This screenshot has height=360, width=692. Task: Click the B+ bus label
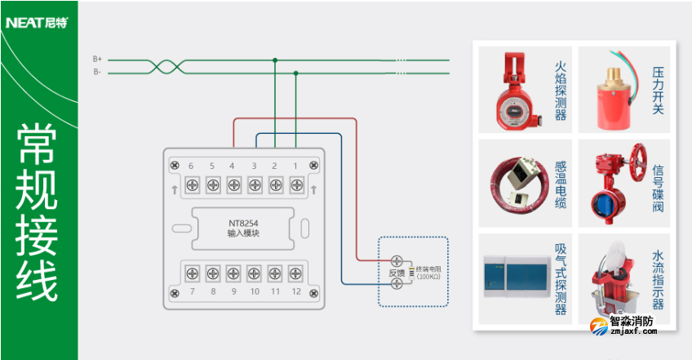pyautogui.click(x=97, y=59)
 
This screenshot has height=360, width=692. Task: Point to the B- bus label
pyautogui.click(x=97, y=72)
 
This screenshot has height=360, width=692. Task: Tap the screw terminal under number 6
pyautogui.click(x=191, y=184)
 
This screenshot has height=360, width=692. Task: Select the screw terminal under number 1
pyautogui.click(x=296, y=184)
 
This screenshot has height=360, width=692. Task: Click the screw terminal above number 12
pyautogui.click(x=296, y=272)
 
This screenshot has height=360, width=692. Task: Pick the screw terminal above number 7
pyautogui.click(x=191, y=272)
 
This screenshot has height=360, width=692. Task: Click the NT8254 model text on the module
pyautogui.click(x=243, y=222)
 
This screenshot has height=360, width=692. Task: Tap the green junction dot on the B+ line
pyautogui.click(x=275, y=60)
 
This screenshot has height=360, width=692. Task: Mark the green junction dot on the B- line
pyautogui.click(x=295, y=73)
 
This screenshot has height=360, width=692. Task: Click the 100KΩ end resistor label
pyautogui.click(x=428, y=273)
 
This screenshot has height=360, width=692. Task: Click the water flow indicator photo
pyautogui.click(x=616, y=278)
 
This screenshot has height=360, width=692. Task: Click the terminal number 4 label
pyautogui.click(x=233, y=167)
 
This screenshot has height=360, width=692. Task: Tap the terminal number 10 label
pyautogui.click(x=254, y=291)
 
